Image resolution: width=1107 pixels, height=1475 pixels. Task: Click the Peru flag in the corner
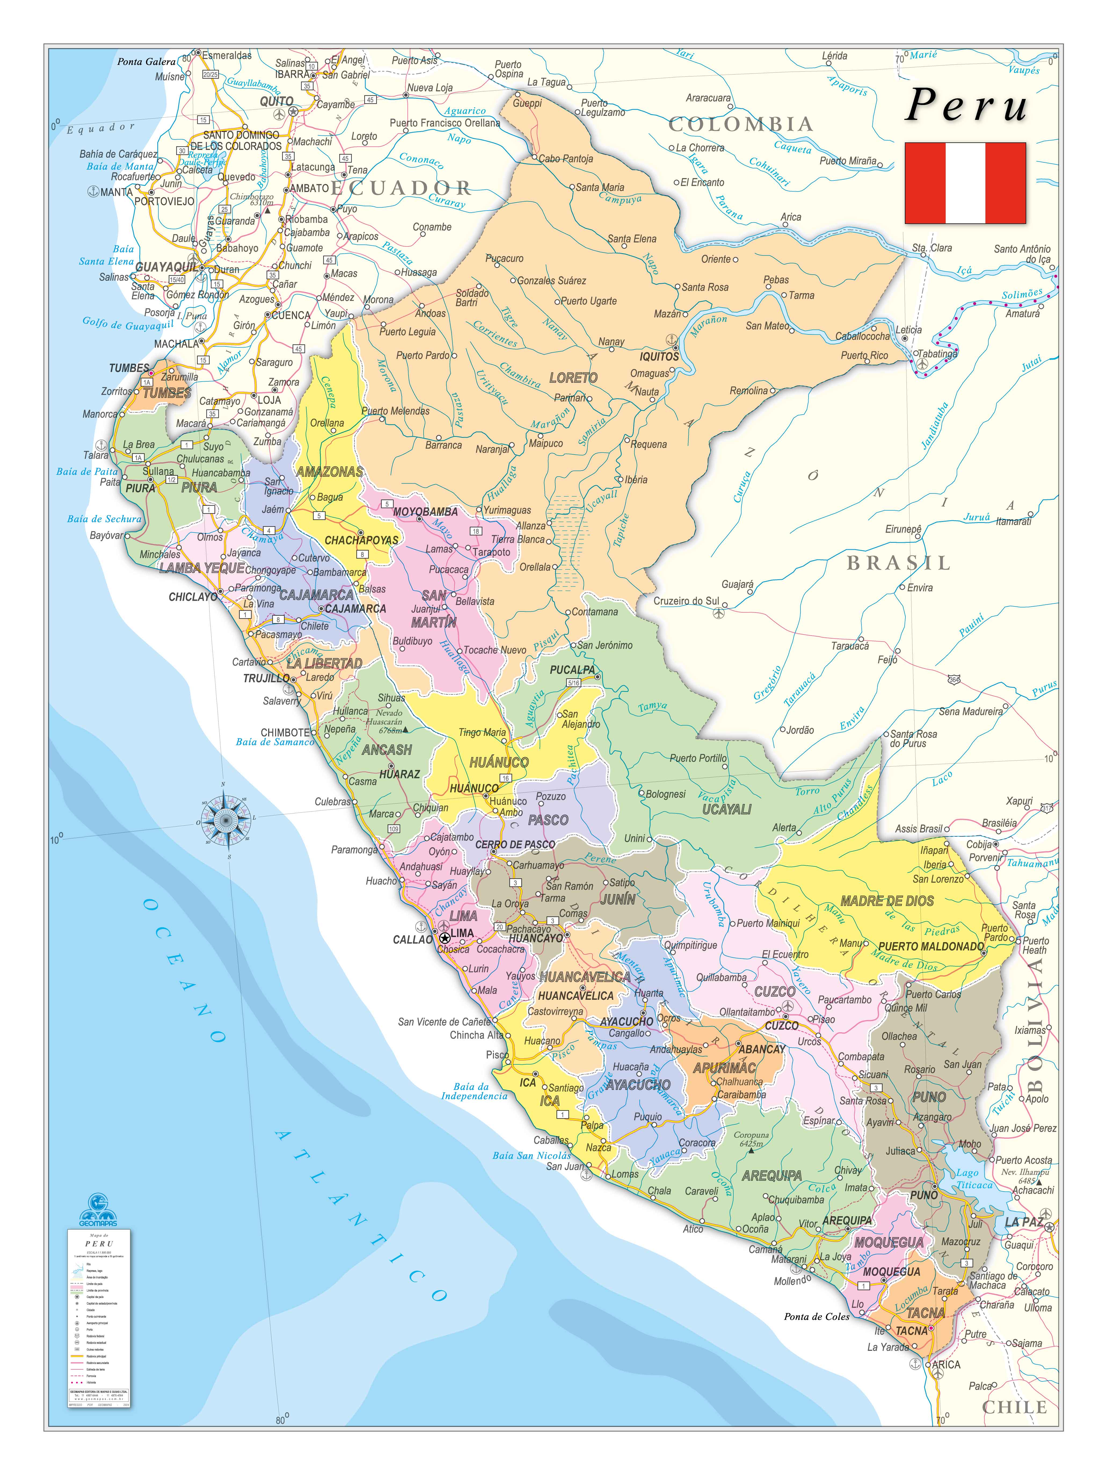point(965,183)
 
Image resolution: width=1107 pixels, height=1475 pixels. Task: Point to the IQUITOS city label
point(659,357)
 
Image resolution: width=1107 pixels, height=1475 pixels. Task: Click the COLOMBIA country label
point(741,124)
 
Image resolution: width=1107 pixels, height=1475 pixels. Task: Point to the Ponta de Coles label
point(817,1317)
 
